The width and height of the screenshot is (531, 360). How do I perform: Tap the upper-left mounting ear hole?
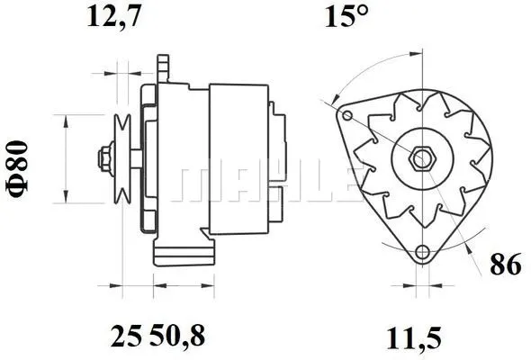tap(346, 115)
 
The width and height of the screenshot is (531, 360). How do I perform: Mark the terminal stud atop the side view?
tap(164, 67)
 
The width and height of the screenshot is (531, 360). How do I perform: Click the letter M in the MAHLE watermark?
tap(196, 184)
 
